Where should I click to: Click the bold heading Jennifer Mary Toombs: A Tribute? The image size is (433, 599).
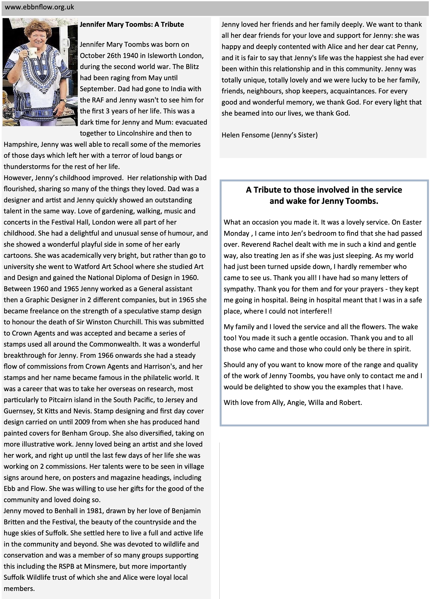coord(132,25)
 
